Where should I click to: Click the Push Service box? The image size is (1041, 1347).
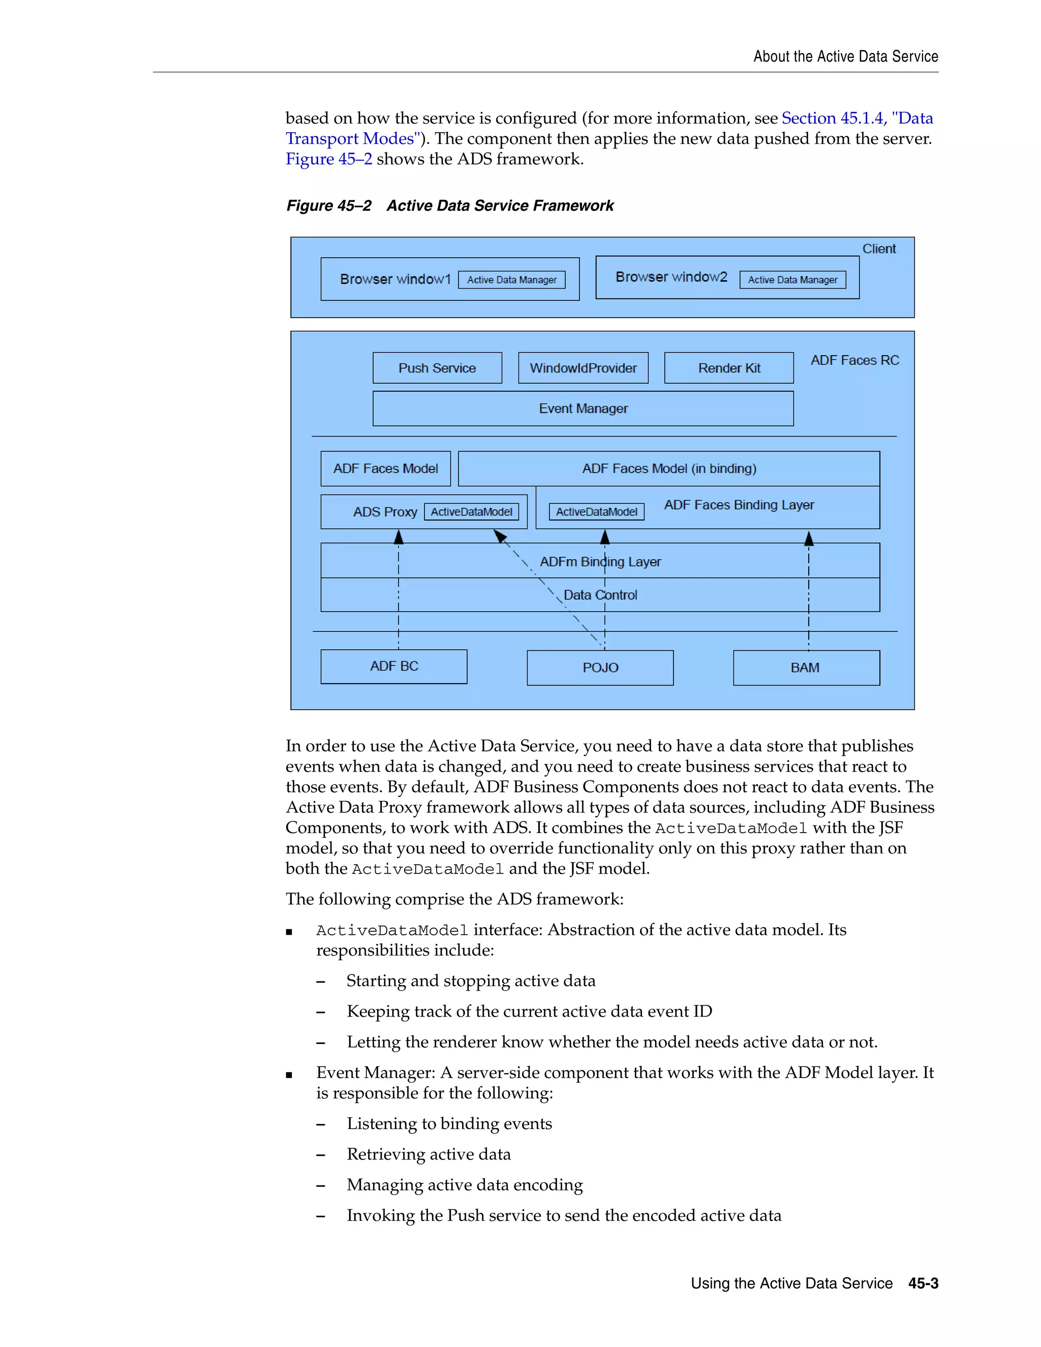click(x=437, y=368)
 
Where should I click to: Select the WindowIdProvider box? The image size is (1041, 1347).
click(x=583, y=368)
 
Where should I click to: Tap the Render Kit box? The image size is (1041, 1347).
click(x=728, y=368)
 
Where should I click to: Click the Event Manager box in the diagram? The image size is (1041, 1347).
click(x=583, y=408)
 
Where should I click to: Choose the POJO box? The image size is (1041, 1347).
click(x=600, y=667)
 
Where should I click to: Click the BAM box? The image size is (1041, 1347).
click(x=806, y=667)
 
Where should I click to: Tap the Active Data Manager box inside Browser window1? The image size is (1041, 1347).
click(x=511, y=280)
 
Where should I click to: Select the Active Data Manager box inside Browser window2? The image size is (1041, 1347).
click(x=792, y=280)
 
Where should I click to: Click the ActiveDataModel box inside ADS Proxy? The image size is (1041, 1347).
click(x=471, y=512)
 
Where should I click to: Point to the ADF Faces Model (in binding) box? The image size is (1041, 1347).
click(x=668, y=469)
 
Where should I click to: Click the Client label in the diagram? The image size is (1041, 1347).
click(x=878, y=249)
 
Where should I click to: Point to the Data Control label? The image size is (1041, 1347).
click(x=600, y=595)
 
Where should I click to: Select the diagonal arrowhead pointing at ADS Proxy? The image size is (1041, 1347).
click(x=500, y=536)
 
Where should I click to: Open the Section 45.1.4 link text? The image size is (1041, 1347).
click(x=833, y=118)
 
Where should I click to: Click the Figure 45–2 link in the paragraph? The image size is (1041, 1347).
click(x=329, y=159)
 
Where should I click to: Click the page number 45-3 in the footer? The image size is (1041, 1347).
click(x=923, y=1283)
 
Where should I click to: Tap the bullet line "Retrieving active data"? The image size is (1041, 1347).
click(x=428, y=1154)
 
